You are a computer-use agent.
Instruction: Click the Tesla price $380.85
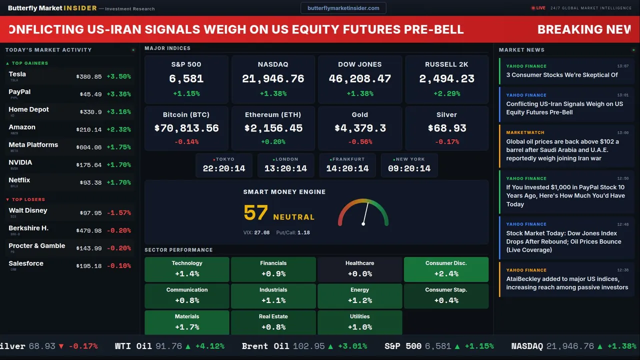click(x=89, y=77)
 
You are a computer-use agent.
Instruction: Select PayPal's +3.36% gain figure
click(x=119, y=94)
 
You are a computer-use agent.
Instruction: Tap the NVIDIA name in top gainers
click(x=20, y=162)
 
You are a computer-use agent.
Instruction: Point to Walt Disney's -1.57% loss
click(x=119, y=213)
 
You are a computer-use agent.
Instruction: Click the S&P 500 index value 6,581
click(x=186, y=79)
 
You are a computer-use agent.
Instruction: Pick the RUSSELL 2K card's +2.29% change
click(x=446, y=93)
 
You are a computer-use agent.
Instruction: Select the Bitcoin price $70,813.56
click(x=186, y=128)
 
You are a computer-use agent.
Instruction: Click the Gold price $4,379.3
click(x=360, y=128)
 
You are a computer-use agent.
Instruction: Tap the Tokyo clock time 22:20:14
click(x=224, y=168)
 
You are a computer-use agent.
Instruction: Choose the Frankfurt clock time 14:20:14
click(x=347, y=168)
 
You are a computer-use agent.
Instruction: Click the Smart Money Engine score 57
click(x=255, y=213)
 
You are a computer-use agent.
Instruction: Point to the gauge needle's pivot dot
click(x=363, y=224)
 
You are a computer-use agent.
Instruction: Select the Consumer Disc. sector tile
click(x=446, y=269)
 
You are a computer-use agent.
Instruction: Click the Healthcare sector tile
click(x=359, y=269)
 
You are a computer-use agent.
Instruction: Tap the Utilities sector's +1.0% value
click(x=359, y=327)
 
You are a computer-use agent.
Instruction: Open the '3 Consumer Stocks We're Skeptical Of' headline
click(x=561, y=75)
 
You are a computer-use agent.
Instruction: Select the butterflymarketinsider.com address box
click(x=343, y=8)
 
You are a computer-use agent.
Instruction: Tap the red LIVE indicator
click(x=538, y=8)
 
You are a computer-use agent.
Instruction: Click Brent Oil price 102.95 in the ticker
click(x=309, y=346)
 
